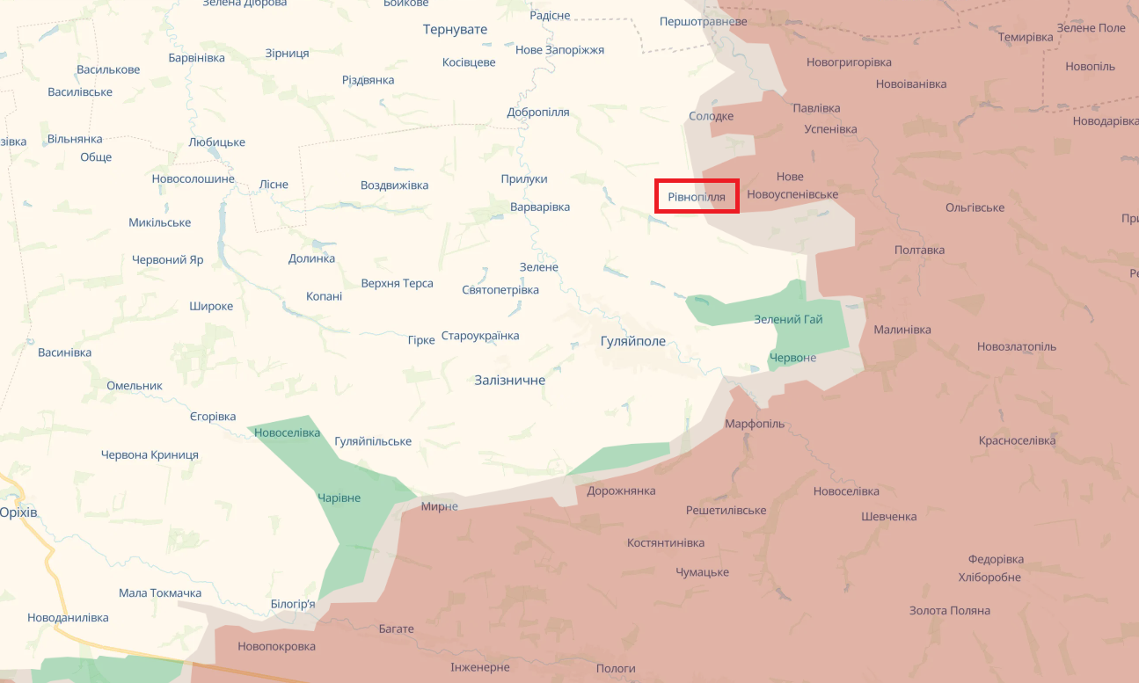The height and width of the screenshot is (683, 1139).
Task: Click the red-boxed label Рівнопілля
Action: coord(697,197)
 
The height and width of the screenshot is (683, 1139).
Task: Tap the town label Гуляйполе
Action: coord(632,341)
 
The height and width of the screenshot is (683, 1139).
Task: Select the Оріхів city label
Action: coord(18,512)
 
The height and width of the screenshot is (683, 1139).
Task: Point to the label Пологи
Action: coord(616,668)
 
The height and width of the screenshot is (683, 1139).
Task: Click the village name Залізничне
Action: coord(509,381)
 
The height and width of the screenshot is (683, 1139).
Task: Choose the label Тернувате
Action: coord(455,30)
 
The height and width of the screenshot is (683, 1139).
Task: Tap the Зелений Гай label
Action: coord(788,319)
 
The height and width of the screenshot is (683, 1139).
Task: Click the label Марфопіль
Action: coord(754,424)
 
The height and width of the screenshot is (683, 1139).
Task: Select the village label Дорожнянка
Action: coord(621,490)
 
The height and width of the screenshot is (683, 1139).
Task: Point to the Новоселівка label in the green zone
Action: coord(287,432)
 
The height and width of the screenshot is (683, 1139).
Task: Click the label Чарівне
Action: coord(339,498)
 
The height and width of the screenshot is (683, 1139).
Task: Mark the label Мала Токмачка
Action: coord(160,593)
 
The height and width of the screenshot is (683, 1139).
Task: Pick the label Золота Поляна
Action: coord(949,610)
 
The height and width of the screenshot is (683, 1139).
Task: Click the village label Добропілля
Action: coord(538,113)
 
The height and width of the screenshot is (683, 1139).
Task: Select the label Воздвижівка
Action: coord(394,185)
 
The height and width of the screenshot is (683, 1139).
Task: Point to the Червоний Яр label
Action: coord(167,260)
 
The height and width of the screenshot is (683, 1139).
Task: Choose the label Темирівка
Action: coord(1026,37)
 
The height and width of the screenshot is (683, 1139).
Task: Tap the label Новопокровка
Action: coord(276,646)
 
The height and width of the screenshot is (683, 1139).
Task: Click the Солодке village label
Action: coord(711,116)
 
